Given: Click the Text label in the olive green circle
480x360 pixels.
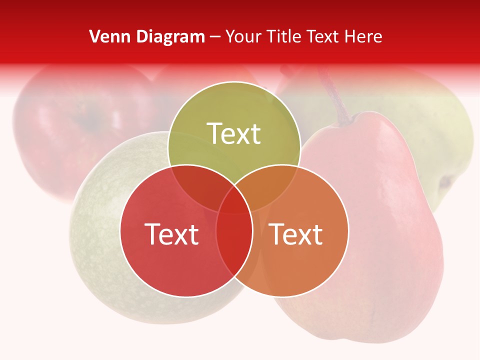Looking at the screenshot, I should pyautogui.click(x=234, y=133).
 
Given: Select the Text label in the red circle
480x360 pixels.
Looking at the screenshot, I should pyautogui.click(x=171, y=234).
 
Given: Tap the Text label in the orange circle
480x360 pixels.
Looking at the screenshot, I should pyautogui.click(x=296, y=234).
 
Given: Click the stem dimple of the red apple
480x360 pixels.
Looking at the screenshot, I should pyautogui.click(x=90, y=120).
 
